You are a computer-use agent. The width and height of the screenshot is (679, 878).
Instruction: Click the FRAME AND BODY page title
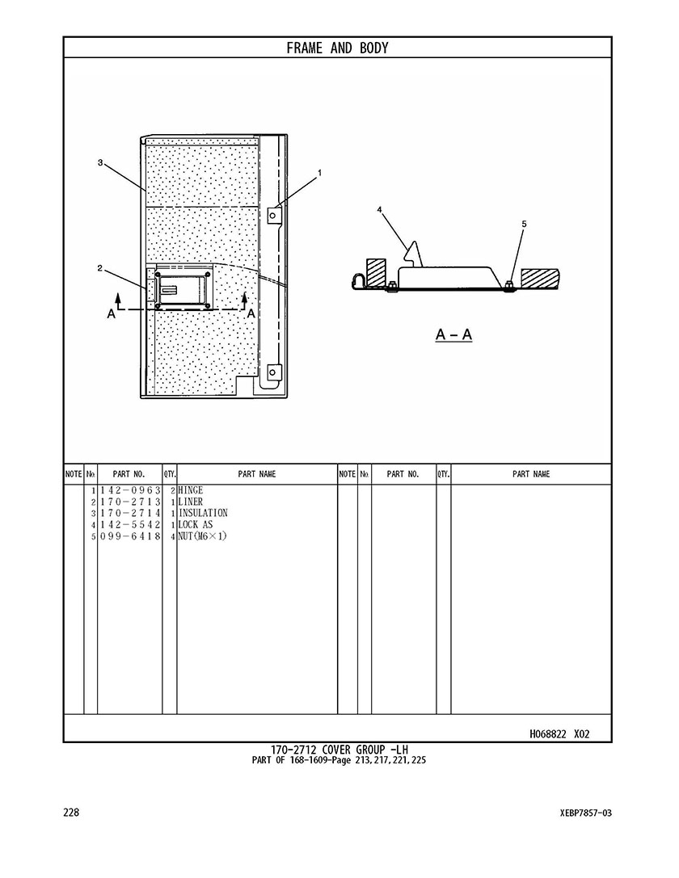coord(337,48)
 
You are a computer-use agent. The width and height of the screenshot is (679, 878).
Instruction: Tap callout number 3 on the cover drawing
coord(100,162)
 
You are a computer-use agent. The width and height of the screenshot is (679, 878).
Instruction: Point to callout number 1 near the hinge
coord(320,173)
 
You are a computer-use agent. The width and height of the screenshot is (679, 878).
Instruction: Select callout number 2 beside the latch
coord(99,268)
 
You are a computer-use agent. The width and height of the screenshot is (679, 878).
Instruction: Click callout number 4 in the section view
coord(379,209)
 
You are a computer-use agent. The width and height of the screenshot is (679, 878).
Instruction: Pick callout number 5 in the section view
coord(524,224)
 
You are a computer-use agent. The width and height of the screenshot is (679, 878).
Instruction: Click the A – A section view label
coord(453,335)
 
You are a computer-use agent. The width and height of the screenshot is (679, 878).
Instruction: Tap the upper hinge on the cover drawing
coord(273,215)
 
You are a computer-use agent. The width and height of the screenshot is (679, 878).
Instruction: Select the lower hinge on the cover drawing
coord(273,372)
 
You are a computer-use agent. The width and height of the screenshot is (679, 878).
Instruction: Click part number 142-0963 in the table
coord(130,490)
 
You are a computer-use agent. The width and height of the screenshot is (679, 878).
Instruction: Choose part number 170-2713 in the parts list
coord(130,502)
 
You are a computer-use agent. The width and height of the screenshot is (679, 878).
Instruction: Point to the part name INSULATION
coord(203,513)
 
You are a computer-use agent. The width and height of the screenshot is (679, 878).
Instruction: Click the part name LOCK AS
coord(196,525)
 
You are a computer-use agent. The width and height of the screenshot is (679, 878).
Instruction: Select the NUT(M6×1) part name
coord(202,536)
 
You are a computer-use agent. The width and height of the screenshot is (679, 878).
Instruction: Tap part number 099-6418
coord(130,536)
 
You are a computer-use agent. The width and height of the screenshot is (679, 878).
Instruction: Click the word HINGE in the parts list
coord(191,490)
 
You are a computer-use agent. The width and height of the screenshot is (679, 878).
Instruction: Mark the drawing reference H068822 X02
coord(559,734)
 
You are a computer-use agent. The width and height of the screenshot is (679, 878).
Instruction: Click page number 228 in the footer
coord(71,813)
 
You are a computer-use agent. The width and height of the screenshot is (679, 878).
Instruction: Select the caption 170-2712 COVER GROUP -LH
coord(339,750)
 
